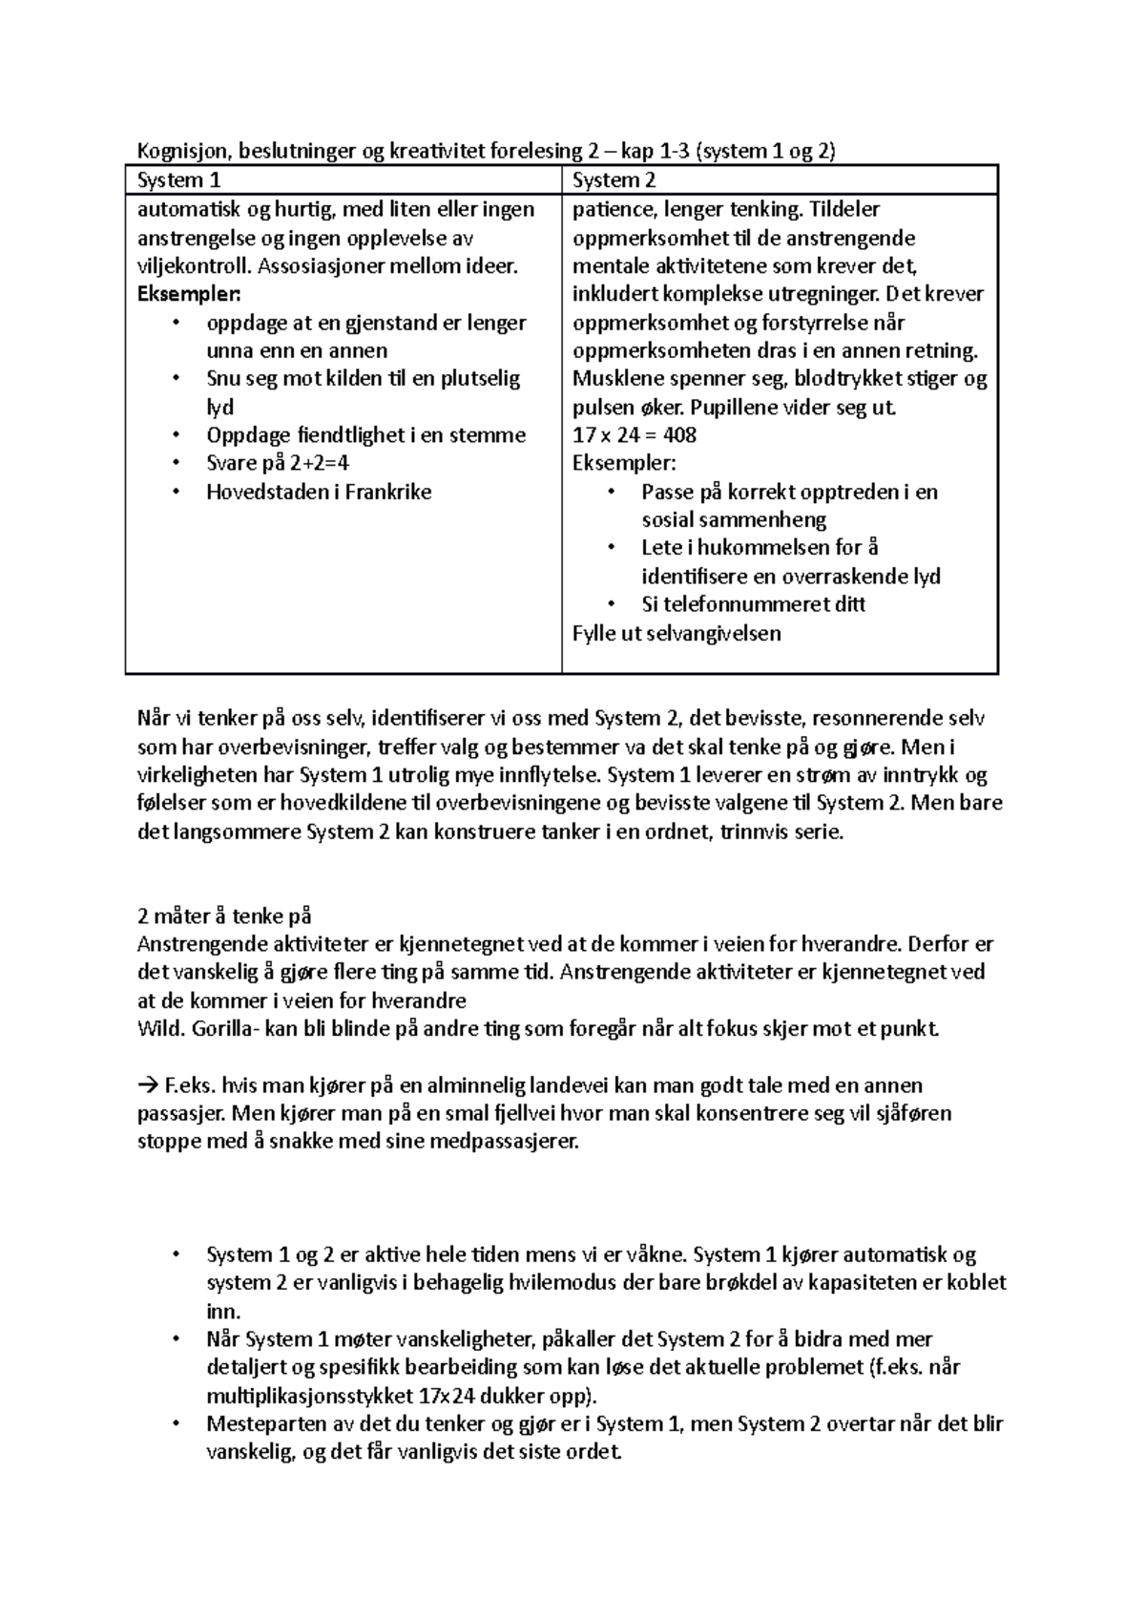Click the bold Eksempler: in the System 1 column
click(190, 293)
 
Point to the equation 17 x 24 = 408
click(634, 435)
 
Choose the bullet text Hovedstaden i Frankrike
click(319, 493)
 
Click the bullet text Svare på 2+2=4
click(279, 464)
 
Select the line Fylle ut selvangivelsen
click(676, 633)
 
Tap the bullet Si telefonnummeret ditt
click(753, 604)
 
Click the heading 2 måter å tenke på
click(224, 916)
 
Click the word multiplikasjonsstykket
click(310, 1395)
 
